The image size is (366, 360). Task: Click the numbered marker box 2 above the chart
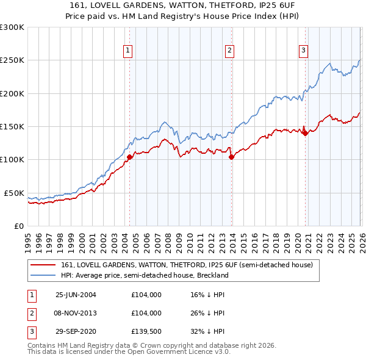click(230, 51)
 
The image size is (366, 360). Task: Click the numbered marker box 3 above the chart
click(304, 51)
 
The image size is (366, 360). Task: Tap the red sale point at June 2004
click(129, 157)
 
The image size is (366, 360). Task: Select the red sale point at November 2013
click(231, 157)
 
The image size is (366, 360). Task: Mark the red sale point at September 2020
click(305, 134)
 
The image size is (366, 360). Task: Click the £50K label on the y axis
click(14, 193)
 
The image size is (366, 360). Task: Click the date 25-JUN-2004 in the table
click(76, 295)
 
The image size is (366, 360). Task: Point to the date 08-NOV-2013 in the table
click(76, 313)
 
